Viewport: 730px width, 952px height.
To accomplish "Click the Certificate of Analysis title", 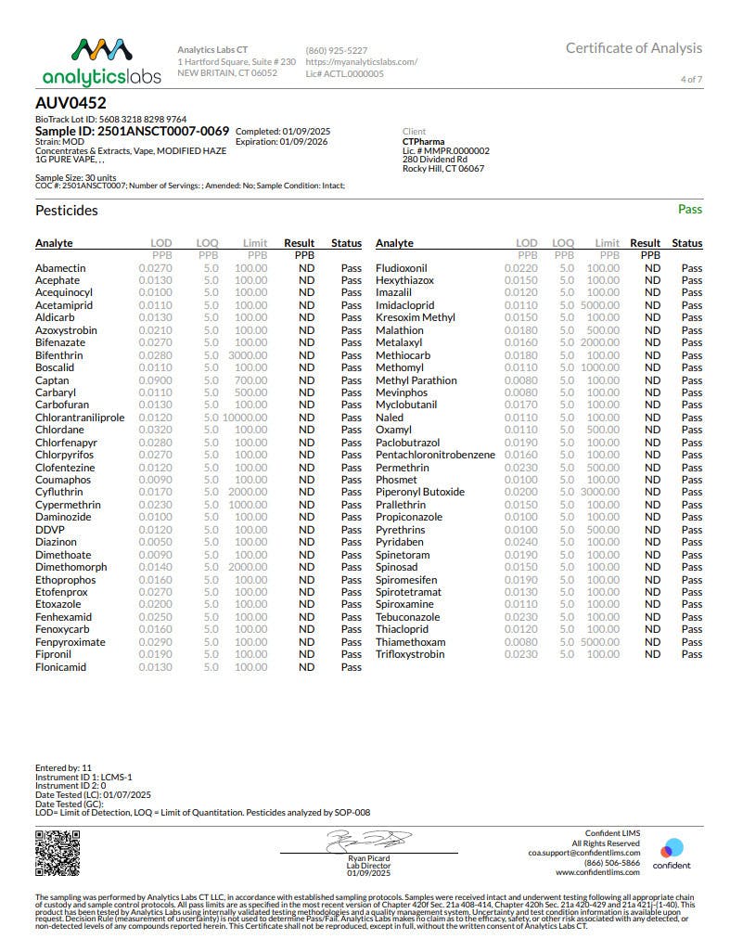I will point(634,48).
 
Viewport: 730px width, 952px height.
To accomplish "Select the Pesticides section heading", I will point(66,211).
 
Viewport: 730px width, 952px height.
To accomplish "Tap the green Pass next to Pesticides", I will point(689,210).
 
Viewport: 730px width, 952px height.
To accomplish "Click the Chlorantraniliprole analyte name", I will point(80,418).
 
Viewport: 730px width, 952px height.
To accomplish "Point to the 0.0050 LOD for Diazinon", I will point(155,542).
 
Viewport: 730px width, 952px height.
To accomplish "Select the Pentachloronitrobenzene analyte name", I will point(435,455).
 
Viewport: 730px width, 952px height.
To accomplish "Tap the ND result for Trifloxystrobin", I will point(652,654).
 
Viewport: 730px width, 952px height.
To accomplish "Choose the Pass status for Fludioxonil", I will point(692,267).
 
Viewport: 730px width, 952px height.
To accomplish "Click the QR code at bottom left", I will point(53,853).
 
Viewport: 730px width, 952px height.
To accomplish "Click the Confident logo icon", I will point(672,848).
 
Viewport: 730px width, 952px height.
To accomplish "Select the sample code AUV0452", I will point(70,104).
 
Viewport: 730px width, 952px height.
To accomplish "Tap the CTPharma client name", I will point(423,142).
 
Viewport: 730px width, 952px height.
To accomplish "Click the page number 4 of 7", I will point(691,80).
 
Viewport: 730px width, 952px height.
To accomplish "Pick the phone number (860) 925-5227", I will point(336,50).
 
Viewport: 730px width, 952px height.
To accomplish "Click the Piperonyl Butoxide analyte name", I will point(420,492).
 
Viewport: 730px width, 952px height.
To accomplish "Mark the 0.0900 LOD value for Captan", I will point(155,380).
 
